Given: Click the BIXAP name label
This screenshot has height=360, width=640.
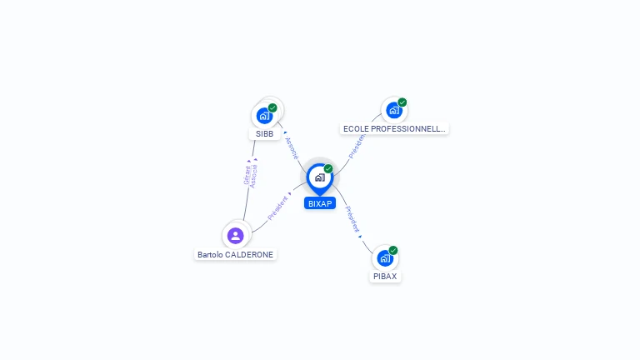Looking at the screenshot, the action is tap(320, 203).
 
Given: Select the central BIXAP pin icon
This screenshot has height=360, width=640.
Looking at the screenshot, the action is tap(319, 177).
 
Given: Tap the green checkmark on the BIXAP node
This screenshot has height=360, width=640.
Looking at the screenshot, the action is tap(328, 168).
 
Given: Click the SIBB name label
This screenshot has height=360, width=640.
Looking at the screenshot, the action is tap(264, 133).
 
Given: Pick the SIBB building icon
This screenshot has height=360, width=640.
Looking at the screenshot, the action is tap(264, 116).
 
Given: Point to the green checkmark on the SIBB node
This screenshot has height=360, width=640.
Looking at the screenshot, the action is tap(272, 107).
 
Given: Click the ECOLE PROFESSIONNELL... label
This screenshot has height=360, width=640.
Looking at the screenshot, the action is tap(395, 129).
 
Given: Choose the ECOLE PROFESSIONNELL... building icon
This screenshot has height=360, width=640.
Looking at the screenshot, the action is tap(393, 110).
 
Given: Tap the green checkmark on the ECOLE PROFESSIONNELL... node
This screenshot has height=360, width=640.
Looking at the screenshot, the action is tap(402, 102).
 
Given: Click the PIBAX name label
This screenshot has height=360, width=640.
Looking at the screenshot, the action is tap(385, 276).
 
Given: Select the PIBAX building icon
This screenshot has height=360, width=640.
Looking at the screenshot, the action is tap(384, 257).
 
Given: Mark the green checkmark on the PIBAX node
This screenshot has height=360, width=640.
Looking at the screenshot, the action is tap(393, 250).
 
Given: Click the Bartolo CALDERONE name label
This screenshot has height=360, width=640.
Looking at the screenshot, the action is tap(235, 254).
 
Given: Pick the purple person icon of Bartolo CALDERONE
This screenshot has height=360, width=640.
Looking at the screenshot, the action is tap(235, 235).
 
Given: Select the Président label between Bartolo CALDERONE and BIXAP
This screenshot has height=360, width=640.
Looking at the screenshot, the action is tap(277, 208).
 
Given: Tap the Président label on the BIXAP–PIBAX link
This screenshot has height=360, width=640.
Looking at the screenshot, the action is tap(352, 219).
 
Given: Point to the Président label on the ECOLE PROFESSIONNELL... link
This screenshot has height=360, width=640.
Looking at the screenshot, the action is tap(357, 145).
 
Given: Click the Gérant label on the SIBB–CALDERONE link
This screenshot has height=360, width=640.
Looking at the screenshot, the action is tap(247, 174).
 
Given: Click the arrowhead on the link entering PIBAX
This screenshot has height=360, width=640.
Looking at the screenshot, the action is tap(361, 237).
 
